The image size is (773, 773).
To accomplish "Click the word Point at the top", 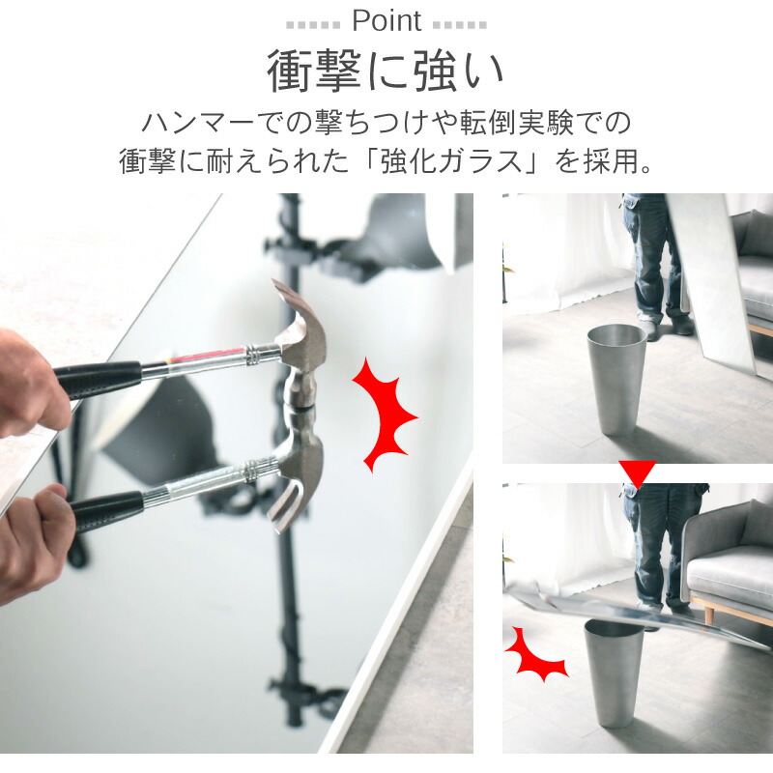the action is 386,20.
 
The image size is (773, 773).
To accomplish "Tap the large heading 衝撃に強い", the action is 386,71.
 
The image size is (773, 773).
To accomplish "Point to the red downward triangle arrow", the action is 638,473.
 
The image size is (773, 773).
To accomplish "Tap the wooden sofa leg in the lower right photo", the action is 710,615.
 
